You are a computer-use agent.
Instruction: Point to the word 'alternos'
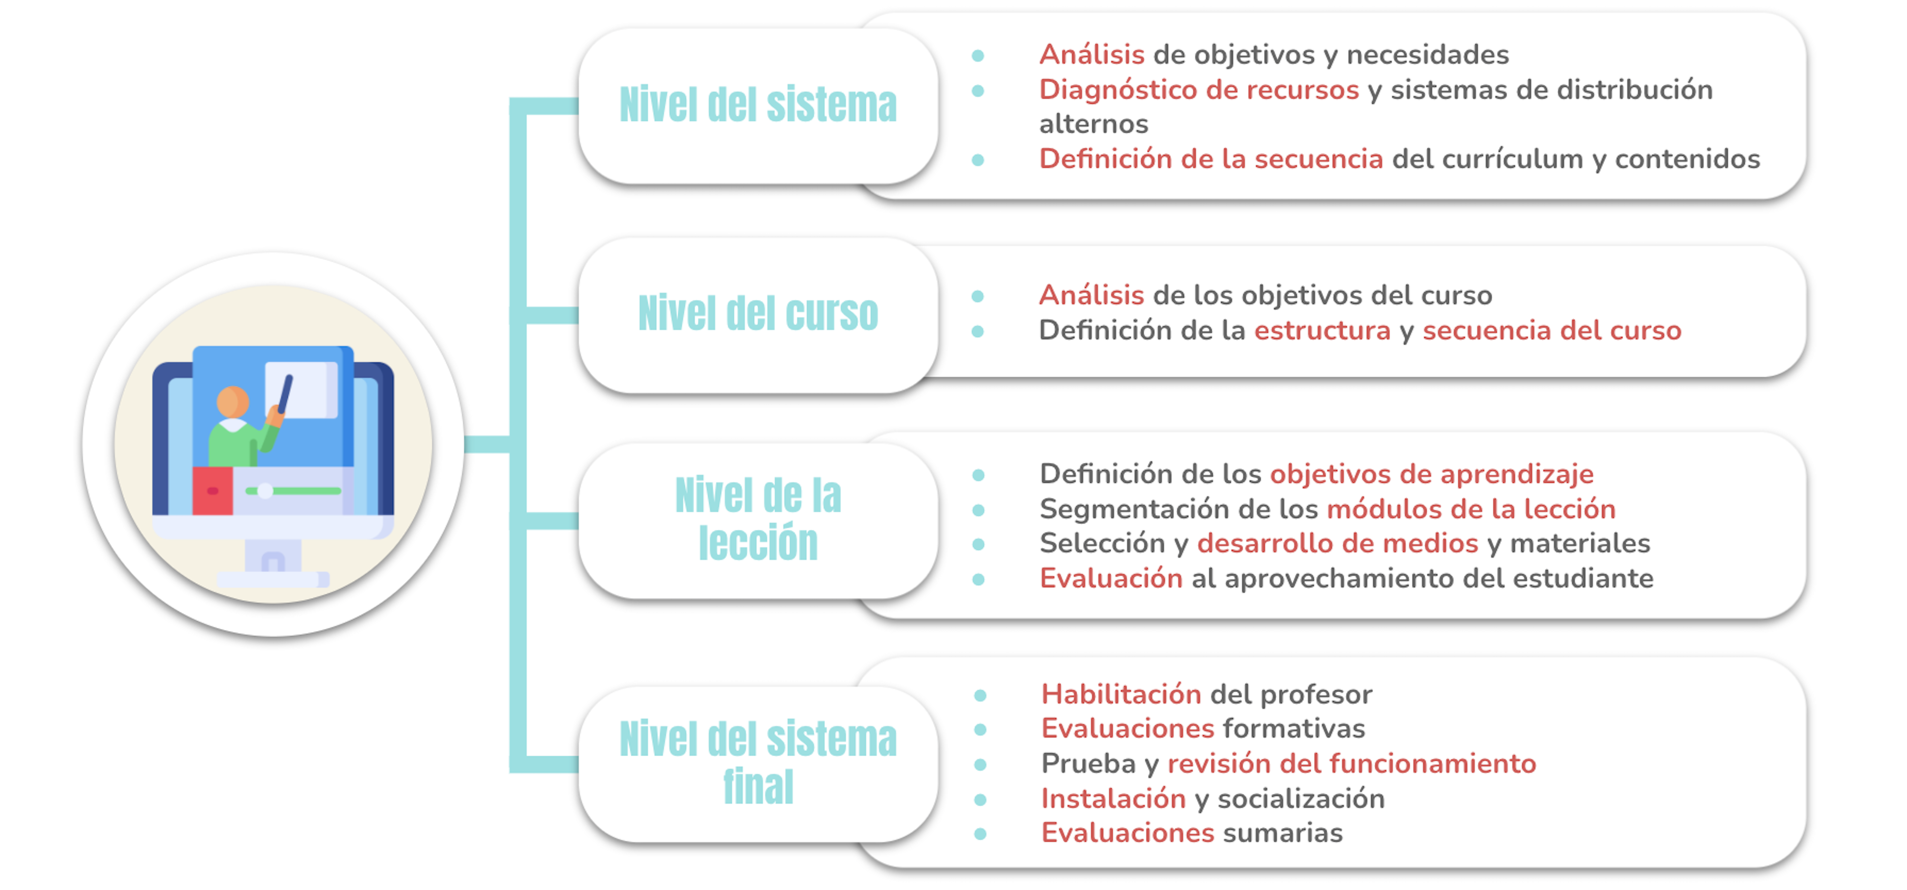1093,124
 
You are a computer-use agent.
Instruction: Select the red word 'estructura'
1322,330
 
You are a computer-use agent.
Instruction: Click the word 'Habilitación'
1121,694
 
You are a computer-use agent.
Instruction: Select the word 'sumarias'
1282,833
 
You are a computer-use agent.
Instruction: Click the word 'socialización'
1301,798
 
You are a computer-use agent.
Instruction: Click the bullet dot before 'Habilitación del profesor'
980,695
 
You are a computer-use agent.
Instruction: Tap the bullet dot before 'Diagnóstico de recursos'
977,91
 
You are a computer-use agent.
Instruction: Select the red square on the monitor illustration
213,490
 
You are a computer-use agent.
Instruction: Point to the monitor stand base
272,579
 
